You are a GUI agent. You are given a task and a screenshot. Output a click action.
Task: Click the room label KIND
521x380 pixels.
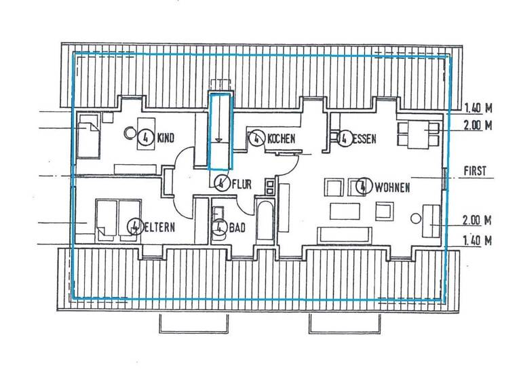[166, 138]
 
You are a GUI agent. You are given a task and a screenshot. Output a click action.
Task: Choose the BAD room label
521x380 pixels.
[237, 229]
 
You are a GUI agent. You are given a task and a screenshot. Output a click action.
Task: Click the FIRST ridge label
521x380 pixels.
[474, 172]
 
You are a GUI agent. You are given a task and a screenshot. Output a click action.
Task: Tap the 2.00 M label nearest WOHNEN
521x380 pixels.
[476, 221]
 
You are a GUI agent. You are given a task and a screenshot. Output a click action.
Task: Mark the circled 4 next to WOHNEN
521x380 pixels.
[364, 185]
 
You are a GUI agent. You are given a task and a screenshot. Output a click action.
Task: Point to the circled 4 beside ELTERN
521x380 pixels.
[134, 225]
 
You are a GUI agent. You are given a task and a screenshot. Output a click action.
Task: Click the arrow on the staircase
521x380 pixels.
[219, 138]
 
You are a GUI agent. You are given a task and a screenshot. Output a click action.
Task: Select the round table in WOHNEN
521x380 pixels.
[416, 218]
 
